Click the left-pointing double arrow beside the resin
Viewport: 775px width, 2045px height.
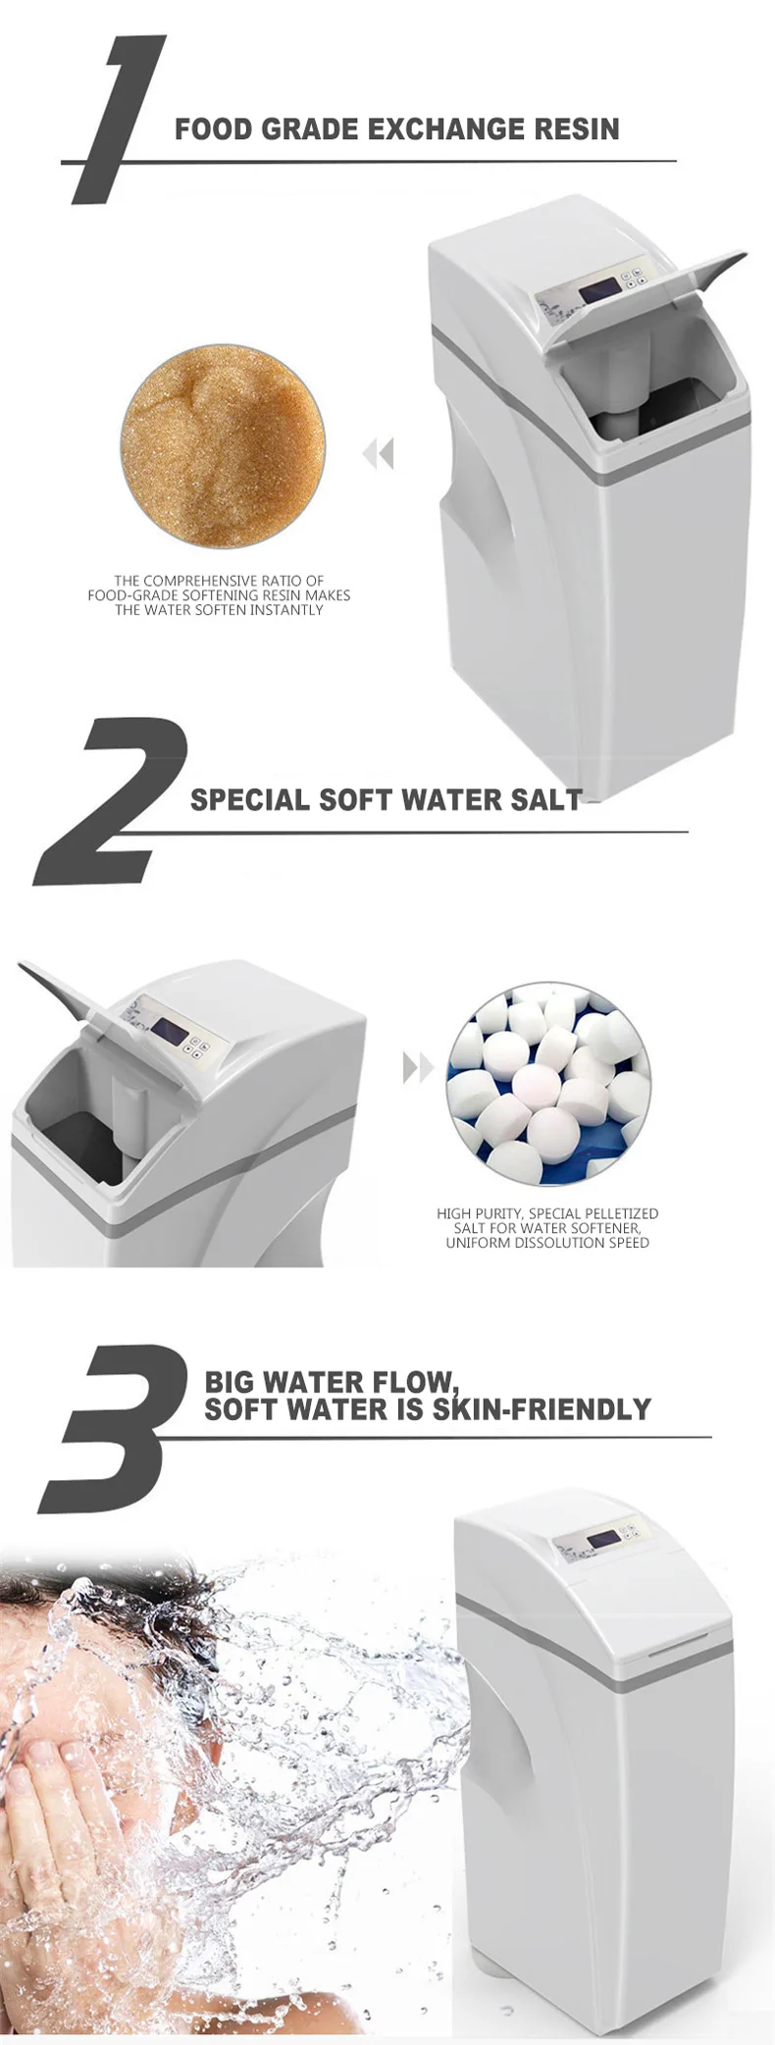[x=378, y=454]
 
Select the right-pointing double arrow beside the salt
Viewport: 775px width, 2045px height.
[x=418, y=1068]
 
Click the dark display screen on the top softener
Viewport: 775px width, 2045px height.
[x=597, y=291]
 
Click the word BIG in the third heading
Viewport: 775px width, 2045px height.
[x=229, y=1382]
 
